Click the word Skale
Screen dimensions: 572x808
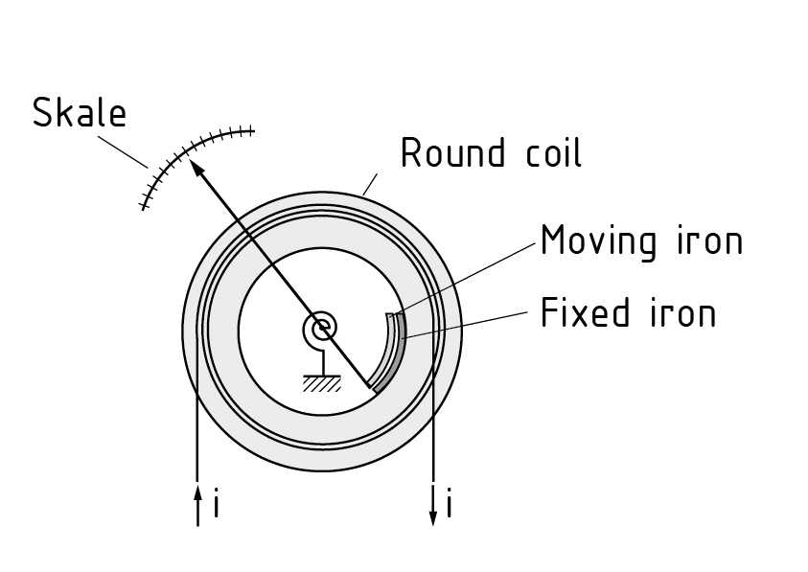pos(80,113)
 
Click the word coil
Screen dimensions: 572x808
pos(550,153)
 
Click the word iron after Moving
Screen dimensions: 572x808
pos(711,240)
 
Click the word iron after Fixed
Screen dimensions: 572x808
pos(684,312)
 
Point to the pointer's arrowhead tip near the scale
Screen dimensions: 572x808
pos(193,164)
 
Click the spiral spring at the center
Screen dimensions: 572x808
pos(322,330)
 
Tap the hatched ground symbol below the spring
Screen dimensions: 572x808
pos(322,384)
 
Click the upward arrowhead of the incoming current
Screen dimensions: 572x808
pos(197,492)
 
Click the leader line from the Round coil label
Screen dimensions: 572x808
pos(371,184)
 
